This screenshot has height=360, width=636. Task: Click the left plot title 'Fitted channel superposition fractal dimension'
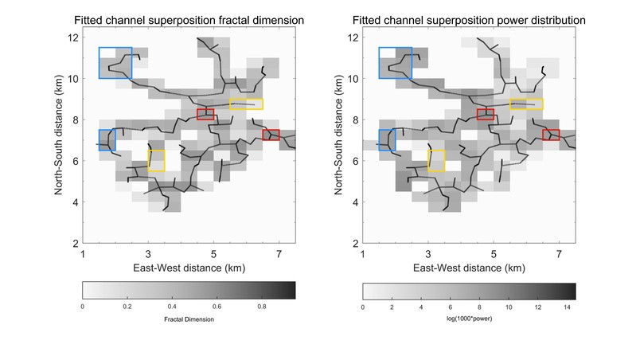pos(189,18)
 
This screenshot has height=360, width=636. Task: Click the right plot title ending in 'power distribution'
pos(469,18)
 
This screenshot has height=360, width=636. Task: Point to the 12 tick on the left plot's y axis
pos(73,37)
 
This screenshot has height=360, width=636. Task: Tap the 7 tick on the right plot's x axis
pos(559,252)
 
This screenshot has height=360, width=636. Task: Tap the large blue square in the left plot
pos(115,63)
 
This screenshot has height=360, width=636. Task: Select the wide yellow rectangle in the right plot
pos(525,104)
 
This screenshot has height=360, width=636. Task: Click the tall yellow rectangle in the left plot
pos(156,160)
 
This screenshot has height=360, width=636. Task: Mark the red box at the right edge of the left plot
pos(271,135)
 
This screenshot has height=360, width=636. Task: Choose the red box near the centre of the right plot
pos(486,115)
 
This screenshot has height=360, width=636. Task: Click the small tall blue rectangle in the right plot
pos(387,140)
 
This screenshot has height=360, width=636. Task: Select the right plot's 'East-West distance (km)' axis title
pos(469,267)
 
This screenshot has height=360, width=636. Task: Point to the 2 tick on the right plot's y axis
pos(353,243)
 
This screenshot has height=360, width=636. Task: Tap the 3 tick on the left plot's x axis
pos(148,252)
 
